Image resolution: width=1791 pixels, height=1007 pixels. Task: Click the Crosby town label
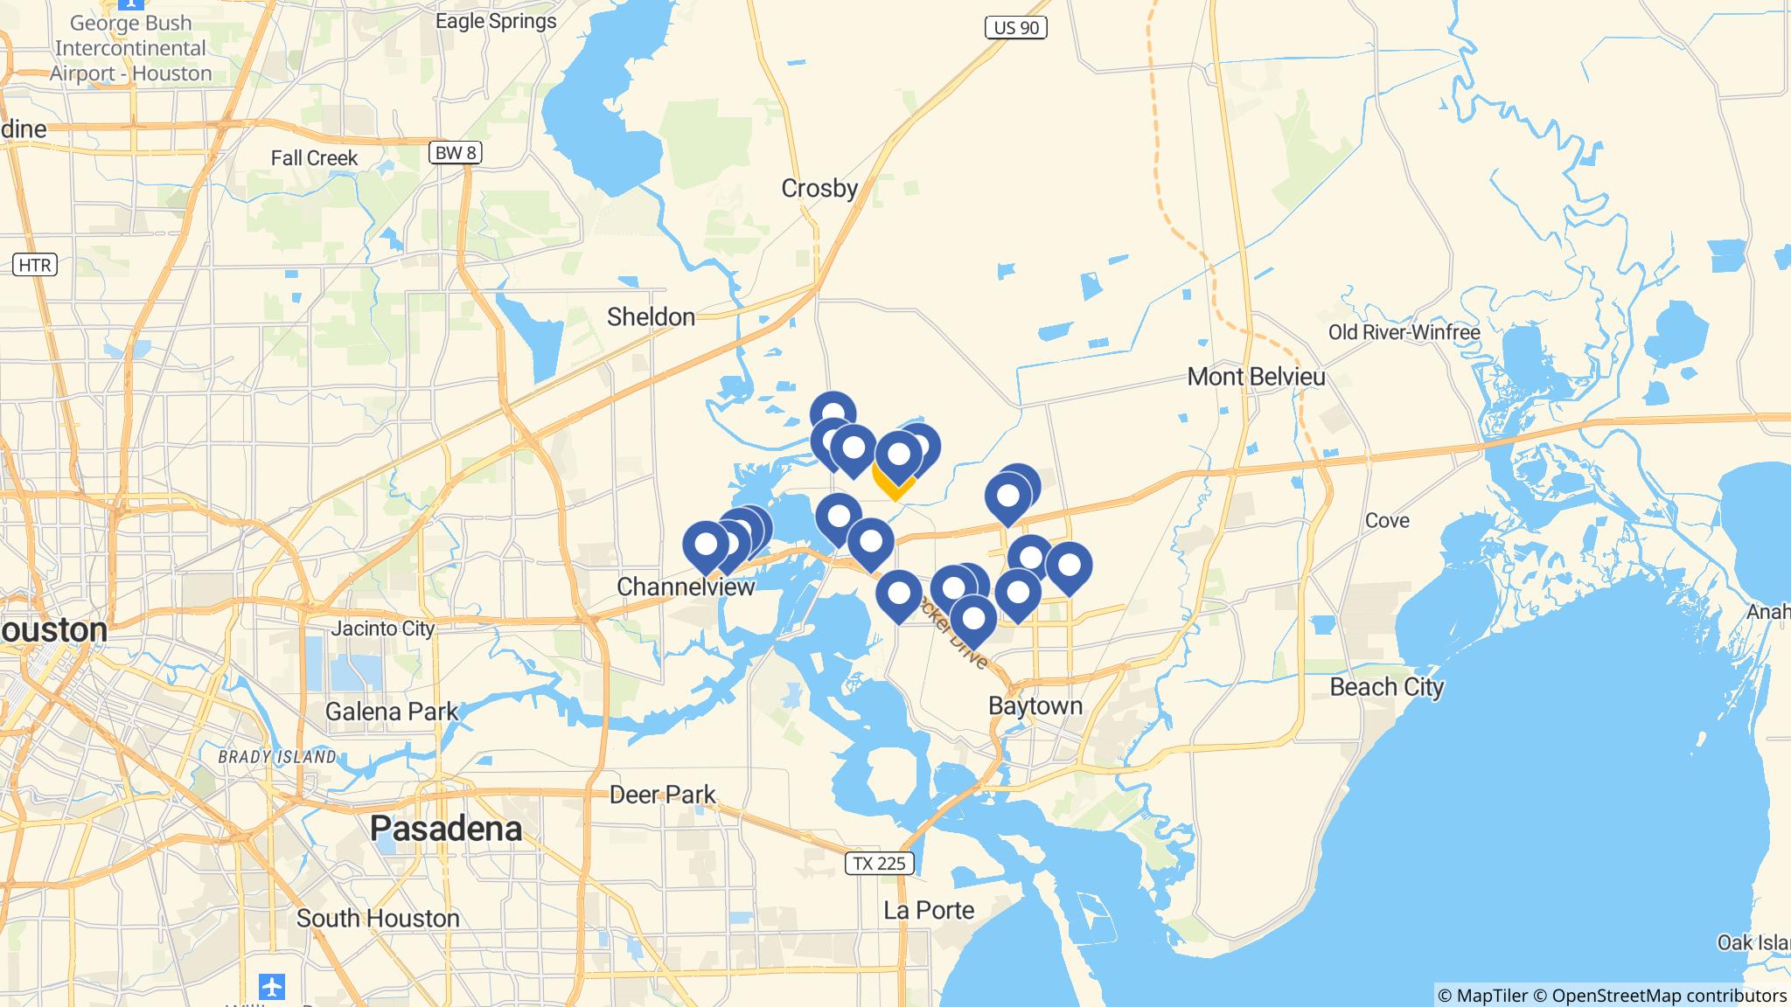(x=819, y=188)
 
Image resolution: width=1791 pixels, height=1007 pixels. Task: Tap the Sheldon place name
(x=651, y=316)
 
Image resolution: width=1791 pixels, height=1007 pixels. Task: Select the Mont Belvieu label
(x=1256, y=377)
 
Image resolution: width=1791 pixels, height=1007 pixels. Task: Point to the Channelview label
(x=686, y=587)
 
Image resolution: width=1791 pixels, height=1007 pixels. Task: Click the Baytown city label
(x=1035, y=705)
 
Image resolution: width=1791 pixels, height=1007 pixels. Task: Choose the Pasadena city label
(x=446, y=828)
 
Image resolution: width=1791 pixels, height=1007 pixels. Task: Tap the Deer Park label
(x=662, y=795)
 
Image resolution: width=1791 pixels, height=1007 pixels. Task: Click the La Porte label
(x=929, y=911)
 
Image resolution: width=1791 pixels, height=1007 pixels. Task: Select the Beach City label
(x=1386, y=687)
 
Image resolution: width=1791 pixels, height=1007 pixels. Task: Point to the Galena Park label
(x=391, y=712)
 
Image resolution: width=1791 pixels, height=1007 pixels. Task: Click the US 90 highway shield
(x=1016, y=28)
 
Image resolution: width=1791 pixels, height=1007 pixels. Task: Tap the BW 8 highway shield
(x=456, y=153)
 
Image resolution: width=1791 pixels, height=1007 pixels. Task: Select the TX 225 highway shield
(x=879, y=864)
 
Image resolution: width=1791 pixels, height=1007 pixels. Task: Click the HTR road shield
(x=36, y=264)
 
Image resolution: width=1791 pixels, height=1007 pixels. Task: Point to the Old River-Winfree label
(x=1404, y=332)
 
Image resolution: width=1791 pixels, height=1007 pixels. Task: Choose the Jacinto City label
(x=382, y=629)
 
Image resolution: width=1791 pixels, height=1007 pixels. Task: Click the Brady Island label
(x=276, y=757)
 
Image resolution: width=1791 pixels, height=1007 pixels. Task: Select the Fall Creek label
(x=314, y=158)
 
